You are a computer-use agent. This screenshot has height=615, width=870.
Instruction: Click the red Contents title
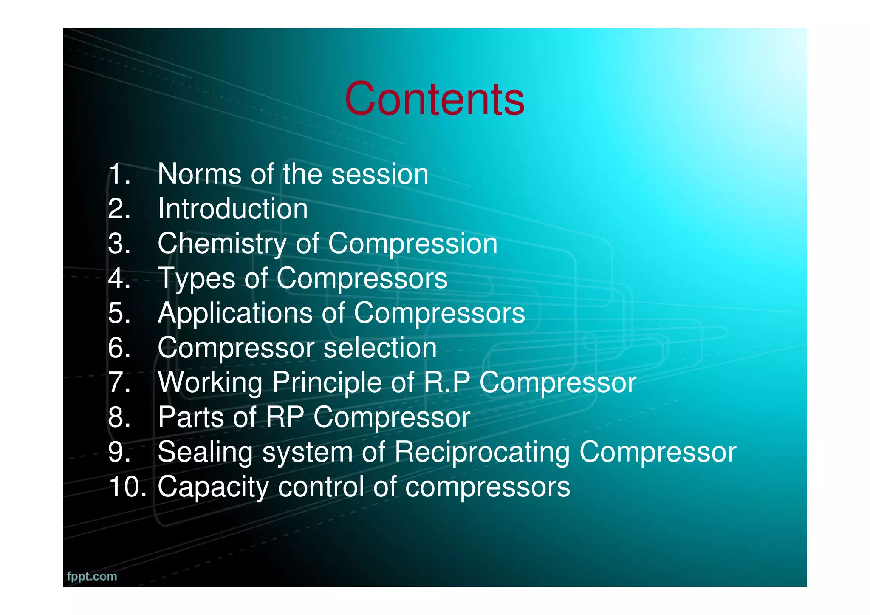[x=435, y=99]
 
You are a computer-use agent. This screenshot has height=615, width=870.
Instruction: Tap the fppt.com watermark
[x=92, y=577]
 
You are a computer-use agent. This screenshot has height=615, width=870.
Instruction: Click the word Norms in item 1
[x=200, y=174]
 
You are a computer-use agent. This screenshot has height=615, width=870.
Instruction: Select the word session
[x=379, y=174]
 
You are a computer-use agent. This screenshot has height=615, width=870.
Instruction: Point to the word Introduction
[x=232, y=209]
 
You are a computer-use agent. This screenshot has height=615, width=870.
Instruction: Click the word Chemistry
[x=222, y=244]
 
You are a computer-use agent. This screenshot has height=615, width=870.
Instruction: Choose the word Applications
[x=235, y=313]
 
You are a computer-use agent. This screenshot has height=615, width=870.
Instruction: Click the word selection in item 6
[x=380, y=348]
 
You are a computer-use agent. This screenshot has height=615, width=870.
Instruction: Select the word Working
[x=210, y=383]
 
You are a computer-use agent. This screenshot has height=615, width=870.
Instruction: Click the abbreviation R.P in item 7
[x=447, y=382]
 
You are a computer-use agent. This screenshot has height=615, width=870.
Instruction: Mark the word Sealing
[x=205, y=452]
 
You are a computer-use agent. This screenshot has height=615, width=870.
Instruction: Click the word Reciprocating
[x=482, y=452]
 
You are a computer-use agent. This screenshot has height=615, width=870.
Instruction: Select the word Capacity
[x=213, y=487]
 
